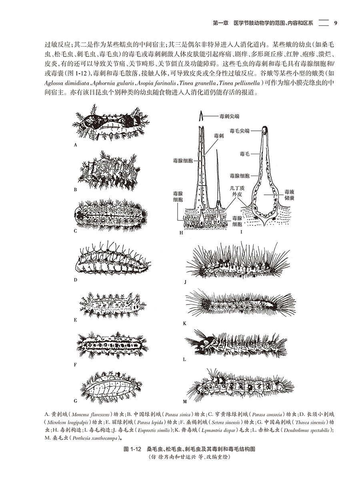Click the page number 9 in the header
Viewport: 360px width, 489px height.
click(x=336, y=23)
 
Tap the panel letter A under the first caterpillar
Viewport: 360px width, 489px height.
click(x=75, y=145)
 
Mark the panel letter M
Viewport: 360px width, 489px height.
click(x=185, y=401)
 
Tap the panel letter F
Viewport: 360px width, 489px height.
click(x=75, y=365)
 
